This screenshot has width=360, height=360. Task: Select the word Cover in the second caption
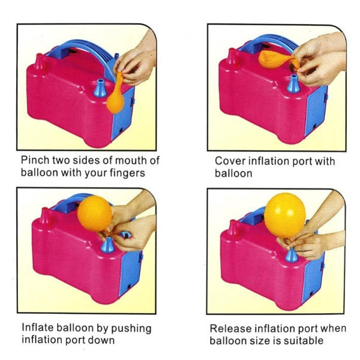pos(229,161)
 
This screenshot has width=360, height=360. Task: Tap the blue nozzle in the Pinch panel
pos(99,88)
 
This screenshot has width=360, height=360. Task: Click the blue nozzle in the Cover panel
pos(293,83)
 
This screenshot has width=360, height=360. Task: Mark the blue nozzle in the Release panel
pos(291,254)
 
